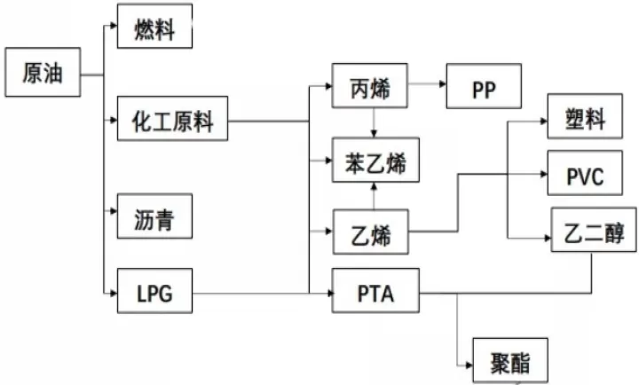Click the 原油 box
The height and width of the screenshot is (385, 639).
point(43,72)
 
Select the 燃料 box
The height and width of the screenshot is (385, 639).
point(154,26)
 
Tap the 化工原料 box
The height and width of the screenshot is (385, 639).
point(172,119)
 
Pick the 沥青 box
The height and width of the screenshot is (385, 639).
point(154,216)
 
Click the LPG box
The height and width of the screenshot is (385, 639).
point(154,291)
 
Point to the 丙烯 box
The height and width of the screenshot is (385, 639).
point(369,85)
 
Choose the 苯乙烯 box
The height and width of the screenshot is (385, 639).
point(375,160)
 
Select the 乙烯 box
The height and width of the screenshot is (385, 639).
point(371,232)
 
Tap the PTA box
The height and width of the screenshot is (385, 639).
point(375,290)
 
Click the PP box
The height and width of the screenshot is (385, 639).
point(485,86)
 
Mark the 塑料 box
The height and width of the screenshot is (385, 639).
point(585,116)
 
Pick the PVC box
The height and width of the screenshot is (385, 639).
point(585,173)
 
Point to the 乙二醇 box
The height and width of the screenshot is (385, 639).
point(594,230)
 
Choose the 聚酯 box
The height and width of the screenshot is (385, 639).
point(510,360)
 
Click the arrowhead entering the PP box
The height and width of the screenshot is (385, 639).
point(443,84)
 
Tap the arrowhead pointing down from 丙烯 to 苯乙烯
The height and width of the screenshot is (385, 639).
point(374,134)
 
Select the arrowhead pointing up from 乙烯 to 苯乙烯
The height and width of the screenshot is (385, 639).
point(374,186)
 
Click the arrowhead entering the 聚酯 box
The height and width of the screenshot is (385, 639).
point(469,365)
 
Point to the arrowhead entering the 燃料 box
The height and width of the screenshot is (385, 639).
point(114,26)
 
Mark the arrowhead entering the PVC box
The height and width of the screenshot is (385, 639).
point(544,174)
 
